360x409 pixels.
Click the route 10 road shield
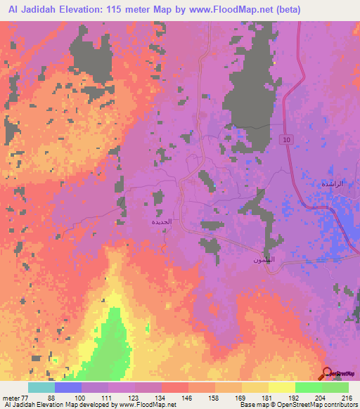click(286, 140)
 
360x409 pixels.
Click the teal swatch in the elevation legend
click(41, 387)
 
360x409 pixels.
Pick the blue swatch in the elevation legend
click(67, 387)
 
